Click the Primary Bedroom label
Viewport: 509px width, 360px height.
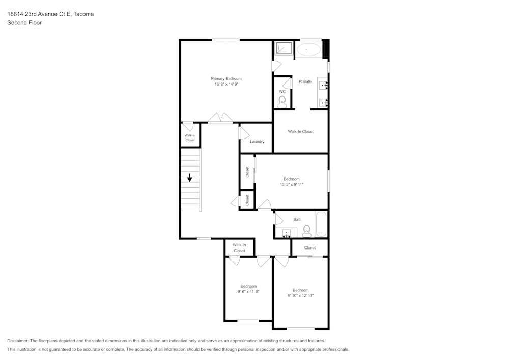tap(226, 78)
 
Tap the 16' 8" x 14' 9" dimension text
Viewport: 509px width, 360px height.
tap(226, 84)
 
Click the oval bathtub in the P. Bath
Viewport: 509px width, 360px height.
tap(308, 49)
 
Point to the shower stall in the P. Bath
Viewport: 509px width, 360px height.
tap(283, 48)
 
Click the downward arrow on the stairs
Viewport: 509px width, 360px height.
tap(190, 178)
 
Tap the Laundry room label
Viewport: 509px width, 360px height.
tap(257, 142)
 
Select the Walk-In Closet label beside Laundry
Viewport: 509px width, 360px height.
tap(300, 131)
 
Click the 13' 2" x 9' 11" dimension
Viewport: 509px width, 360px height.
tap(291, 185)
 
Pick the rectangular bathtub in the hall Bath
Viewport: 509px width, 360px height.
tap(320, 224)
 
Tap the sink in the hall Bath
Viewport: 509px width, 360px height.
tap(287, 233)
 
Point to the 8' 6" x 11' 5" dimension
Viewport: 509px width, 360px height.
tap(248, 292)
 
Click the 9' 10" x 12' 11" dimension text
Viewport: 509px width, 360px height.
tap(300, 296)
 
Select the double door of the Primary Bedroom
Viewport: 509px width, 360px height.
tap(220, 118)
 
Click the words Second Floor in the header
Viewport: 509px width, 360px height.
tap(24, 23)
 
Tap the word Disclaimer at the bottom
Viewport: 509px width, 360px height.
tap(18, 341)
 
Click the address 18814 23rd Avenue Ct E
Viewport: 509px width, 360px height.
tap(39, 14)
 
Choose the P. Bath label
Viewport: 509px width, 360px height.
tap(305, 81)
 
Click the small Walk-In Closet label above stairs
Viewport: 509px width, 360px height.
tap(190, 137)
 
